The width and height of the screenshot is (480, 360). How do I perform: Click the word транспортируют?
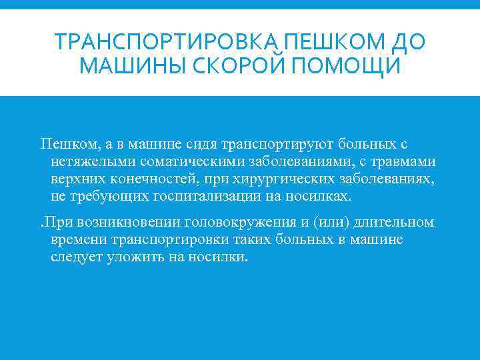click(277, 144)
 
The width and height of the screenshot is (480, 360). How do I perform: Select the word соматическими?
click(184, 161)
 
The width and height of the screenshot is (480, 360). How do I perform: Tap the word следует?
click(76, 257)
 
